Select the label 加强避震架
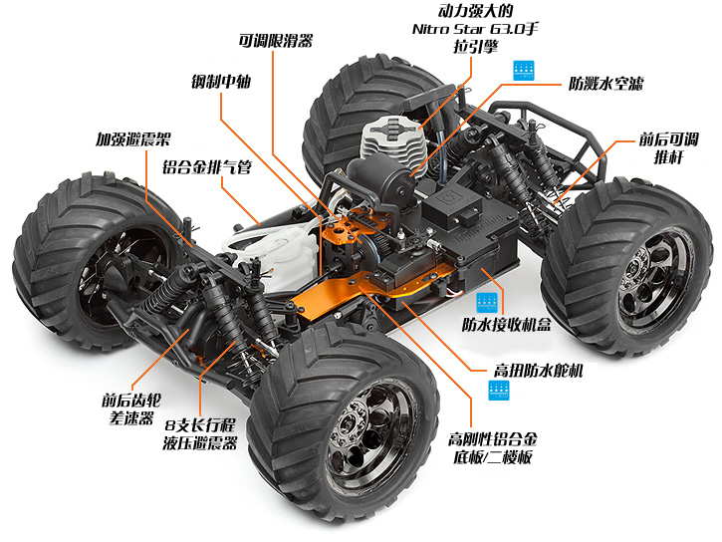tap(132, 140)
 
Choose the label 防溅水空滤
tap(605, 83)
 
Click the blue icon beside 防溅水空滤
tap(524, 71)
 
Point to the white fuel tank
tap(272, 261)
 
